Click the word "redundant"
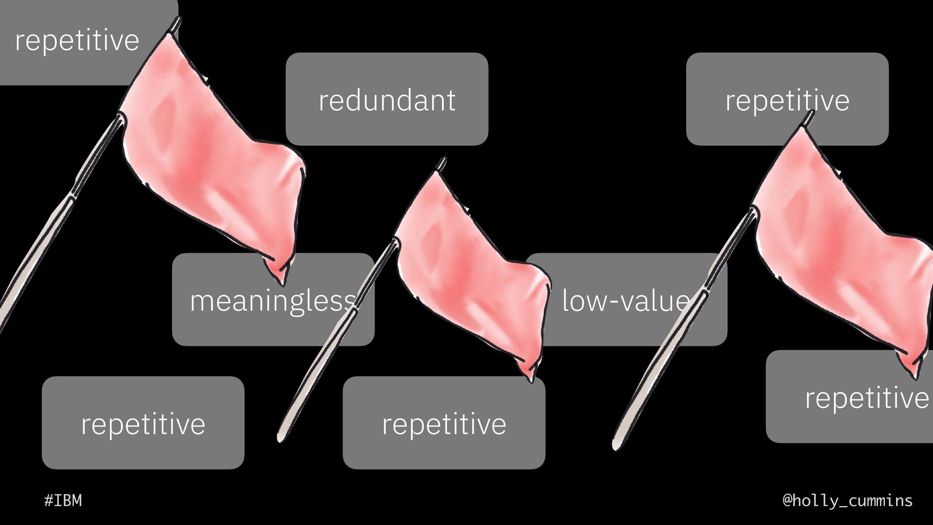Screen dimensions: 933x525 point(387,101)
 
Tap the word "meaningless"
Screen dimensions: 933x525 point(272,301)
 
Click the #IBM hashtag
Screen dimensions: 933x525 point(63,500)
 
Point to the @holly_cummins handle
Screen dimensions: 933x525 point(847,500)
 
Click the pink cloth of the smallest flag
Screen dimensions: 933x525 point(466,272)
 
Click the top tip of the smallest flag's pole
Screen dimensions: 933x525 point(442,160)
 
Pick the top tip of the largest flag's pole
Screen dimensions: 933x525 point(177,20)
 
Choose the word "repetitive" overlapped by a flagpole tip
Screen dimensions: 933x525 point(787,101)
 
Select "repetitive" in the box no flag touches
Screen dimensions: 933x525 point(143,424)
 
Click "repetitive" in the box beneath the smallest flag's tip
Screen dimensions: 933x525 point(444,424)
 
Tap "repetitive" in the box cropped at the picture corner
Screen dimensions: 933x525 point(77,40)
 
